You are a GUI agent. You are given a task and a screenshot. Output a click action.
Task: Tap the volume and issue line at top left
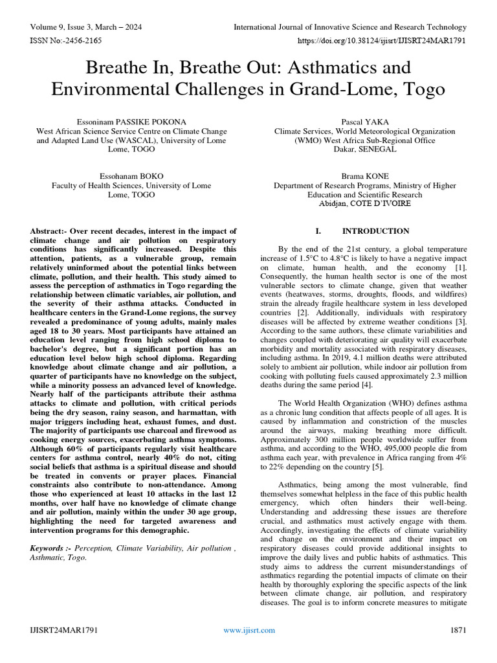(x=85, y=27)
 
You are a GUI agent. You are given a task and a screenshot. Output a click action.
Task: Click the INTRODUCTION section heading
(x=375, y=231)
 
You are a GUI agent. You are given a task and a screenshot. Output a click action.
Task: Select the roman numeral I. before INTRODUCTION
(x=317, y=231)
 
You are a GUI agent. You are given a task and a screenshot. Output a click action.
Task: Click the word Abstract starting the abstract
(x=48, y=231)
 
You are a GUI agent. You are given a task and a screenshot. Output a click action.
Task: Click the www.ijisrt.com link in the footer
(x=248, y=630)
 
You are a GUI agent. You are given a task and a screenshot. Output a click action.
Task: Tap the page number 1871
(x=458, y=630)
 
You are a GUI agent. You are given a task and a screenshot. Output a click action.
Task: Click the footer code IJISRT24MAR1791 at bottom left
(x=64, y=630)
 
